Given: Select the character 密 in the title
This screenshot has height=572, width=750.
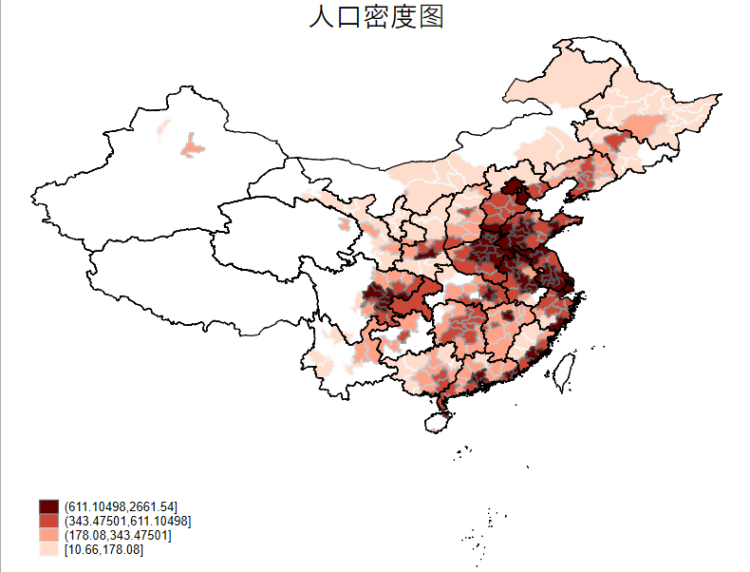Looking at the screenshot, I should click(377, 16).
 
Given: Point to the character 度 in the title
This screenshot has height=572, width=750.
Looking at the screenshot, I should click(404, 16).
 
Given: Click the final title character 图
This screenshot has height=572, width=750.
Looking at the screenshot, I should click(431, 16).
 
